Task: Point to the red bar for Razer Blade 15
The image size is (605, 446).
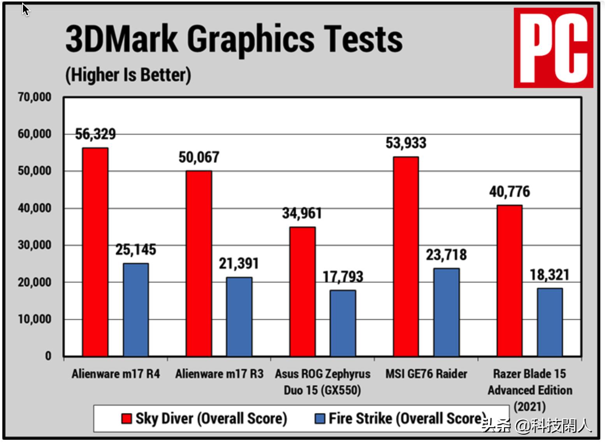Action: tap(509, 280)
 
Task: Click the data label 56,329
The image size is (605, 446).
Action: tap(95, 134)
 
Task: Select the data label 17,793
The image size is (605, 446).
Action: tap(343, 277)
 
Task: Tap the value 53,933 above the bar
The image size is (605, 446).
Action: tap(406, 143)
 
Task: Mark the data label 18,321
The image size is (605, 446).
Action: tap(549, 275)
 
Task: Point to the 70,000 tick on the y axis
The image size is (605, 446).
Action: tap(35, 97)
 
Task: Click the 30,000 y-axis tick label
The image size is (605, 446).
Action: tap(35, 245)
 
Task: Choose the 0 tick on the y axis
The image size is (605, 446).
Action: tap(48, 356)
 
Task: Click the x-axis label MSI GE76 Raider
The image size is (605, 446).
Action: tap(426, 374)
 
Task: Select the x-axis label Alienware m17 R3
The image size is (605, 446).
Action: tap(219, 374)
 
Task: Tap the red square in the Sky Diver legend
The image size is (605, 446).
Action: tap(126, 419)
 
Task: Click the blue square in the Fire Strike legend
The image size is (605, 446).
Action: tap(320, 419)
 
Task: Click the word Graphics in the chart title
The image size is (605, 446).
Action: tap(251, 39)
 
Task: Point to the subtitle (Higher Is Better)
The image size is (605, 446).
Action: tap(128, 75)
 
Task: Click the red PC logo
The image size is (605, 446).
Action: tap(553, 48)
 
